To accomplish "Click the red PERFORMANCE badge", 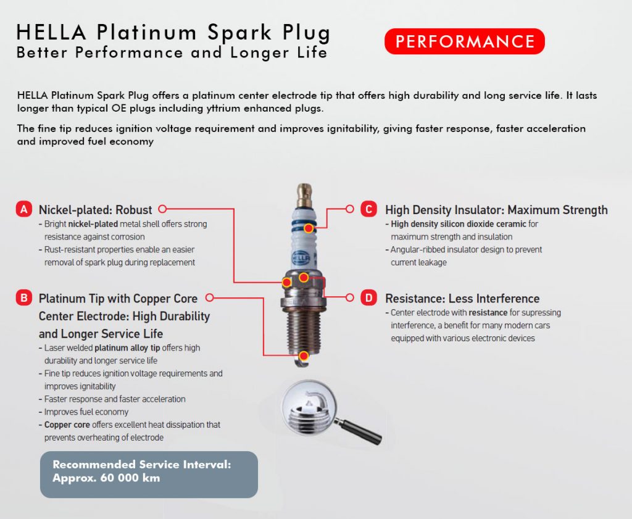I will coord(464,41).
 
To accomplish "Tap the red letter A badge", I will coord(23,209).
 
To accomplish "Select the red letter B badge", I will coord(23,298).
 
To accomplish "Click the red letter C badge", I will coord(368,209).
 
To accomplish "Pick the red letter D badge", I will coord(368,298).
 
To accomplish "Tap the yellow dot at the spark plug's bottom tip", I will coord(303,356).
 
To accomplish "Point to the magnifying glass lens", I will coord(308,407).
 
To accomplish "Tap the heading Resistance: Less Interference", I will coord(462,299).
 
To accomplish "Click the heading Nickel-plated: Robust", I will coord(95,209).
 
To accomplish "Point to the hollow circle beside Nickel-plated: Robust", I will coord(162,209).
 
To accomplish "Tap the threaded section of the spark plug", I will coord(303,327).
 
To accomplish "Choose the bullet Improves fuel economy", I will coord(86,412).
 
